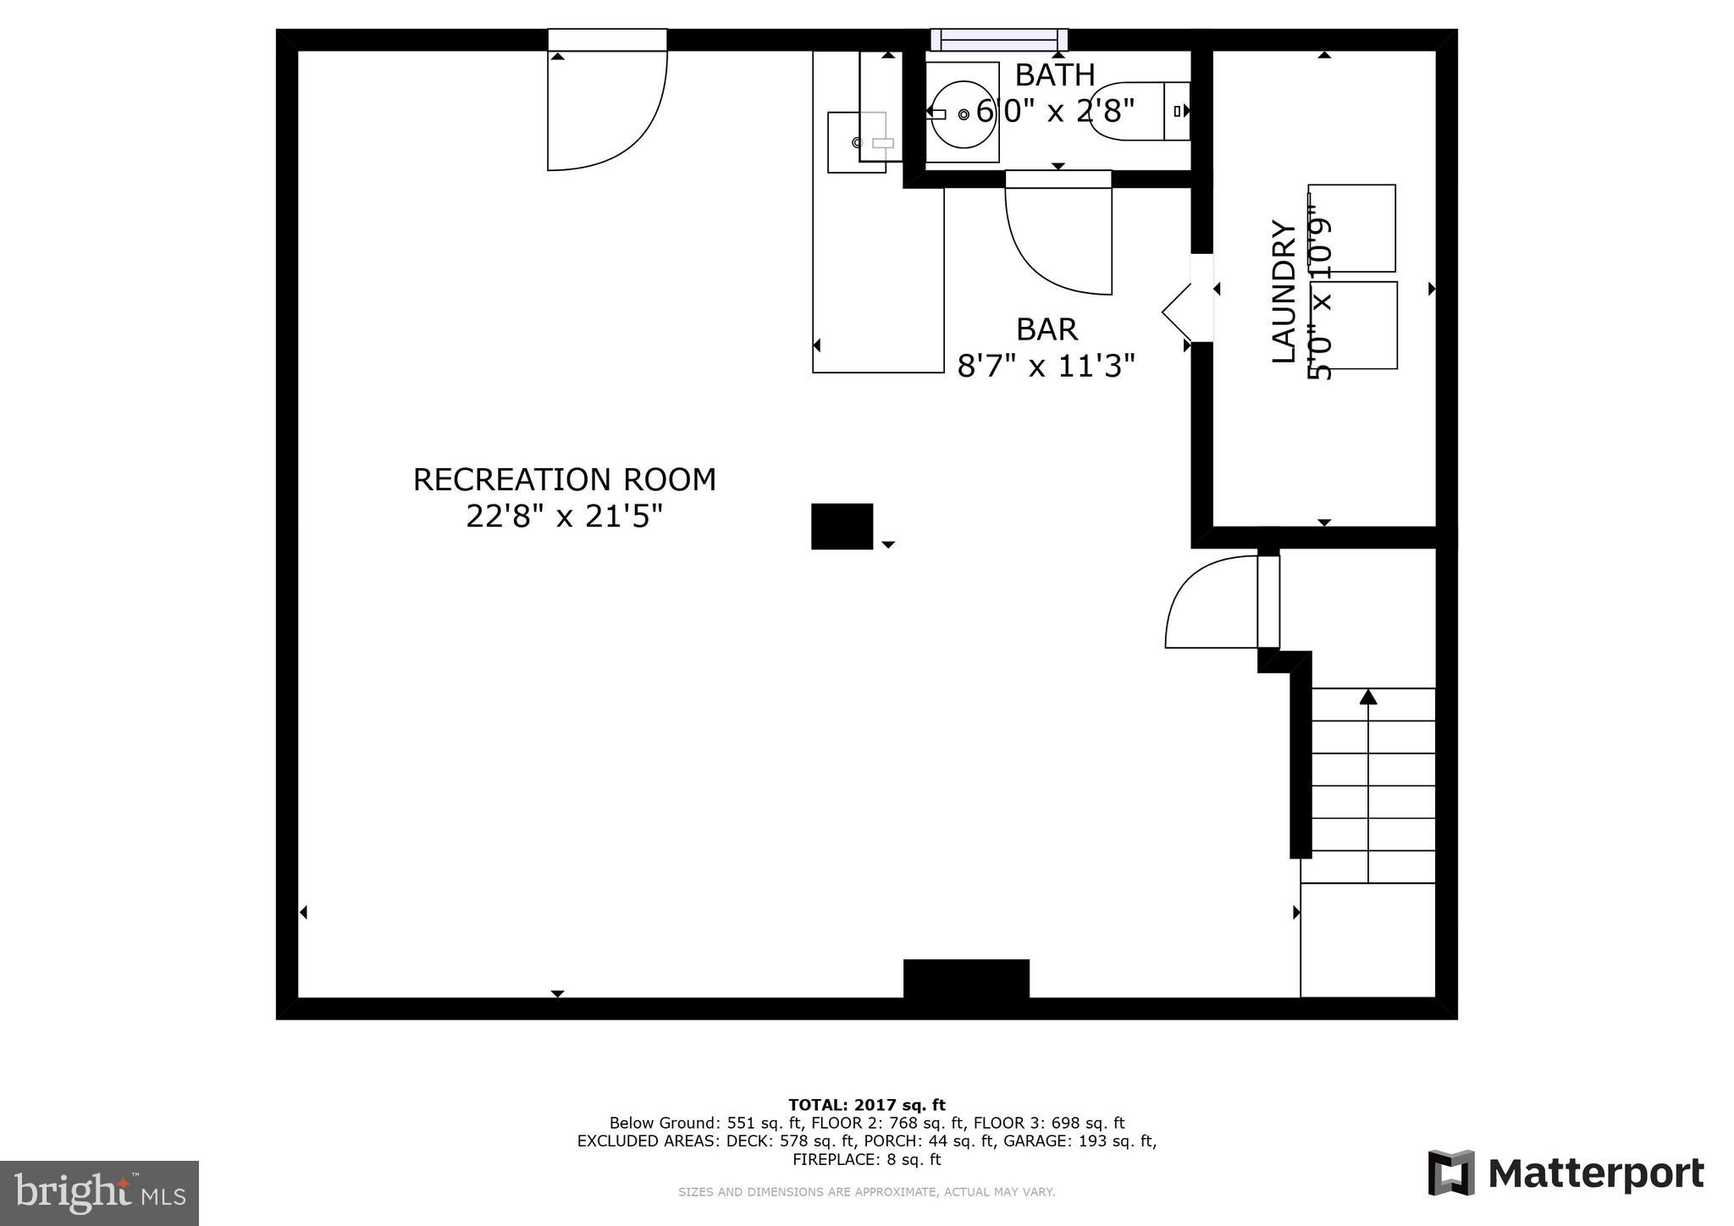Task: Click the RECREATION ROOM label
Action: (x=564, y=480)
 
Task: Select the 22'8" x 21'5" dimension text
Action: (x=564, y=516)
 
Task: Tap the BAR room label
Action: (x=1046, y=329)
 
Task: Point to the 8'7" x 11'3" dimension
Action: (x=1046, y=367)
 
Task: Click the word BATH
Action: (x=1055, y=75)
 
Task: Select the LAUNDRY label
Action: (x=1284, y=291)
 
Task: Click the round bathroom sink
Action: (x=962, y=113)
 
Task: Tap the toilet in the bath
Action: (x=1135, y=111)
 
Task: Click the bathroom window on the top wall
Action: (x=999, y=40)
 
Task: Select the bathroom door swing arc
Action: (x=1050, y=246)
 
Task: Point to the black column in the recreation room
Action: (x=842, y=527)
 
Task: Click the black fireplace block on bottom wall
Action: (x=966, y=980)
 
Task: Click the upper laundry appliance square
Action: (x=1352, y=228)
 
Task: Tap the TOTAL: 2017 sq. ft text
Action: (x=866, y=1104)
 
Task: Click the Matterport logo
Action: (x=1566, y=1174)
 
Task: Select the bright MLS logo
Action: (x=99, y=1192)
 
